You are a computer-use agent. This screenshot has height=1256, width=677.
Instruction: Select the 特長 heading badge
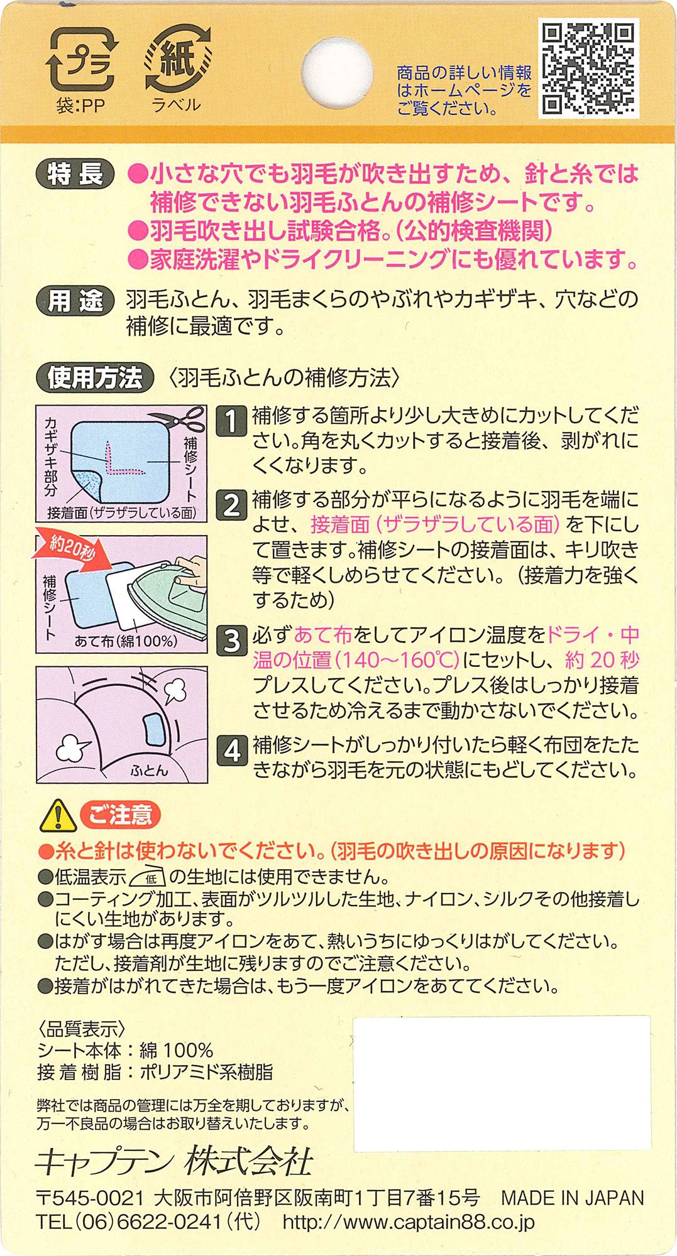pos(75,174)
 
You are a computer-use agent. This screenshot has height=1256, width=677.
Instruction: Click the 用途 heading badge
pos(75,301)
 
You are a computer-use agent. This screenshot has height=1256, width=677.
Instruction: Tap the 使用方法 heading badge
pos(95,377)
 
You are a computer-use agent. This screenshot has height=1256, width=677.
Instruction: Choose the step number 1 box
pos(231,421)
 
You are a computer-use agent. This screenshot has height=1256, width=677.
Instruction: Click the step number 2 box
pos(231,505)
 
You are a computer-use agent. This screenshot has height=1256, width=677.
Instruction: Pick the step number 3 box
pos(231,640)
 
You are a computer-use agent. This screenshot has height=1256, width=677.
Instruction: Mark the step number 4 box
pos(231,750)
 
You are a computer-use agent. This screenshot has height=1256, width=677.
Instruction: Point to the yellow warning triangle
pos(58,816)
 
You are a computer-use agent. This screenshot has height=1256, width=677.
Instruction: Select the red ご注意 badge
pos(120,815)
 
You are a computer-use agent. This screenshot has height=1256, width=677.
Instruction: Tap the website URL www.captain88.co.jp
pos(409,1221)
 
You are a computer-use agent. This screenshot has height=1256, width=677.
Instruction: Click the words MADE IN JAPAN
pos(573,1198)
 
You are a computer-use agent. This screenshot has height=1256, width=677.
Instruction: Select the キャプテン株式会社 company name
pos(174,1162)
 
